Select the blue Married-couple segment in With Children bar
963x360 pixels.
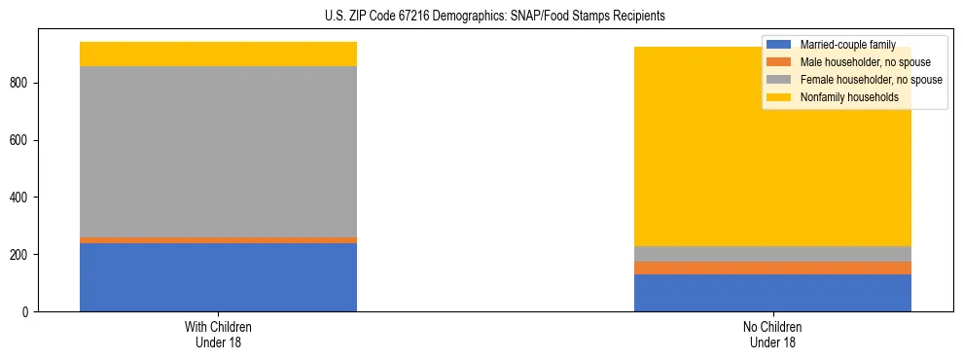[x=218, y=276]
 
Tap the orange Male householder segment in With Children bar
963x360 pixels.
[x=218, y=239]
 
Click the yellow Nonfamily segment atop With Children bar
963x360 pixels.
[x=218, y=54]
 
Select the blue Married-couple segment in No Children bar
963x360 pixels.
[x=771, y=293]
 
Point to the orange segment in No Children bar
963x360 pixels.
[x=771, y=268]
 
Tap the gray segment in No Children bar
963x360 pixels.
[x=771, y=253]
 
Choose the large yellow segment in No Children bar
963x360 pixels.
[x=681, y=146]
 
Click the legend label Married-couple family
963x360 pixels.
[x=847, y=45]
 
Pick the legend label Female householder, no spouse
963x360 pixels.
[x=871, y=80]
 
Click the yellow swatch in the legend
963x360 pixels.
[x=779, y=97]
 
